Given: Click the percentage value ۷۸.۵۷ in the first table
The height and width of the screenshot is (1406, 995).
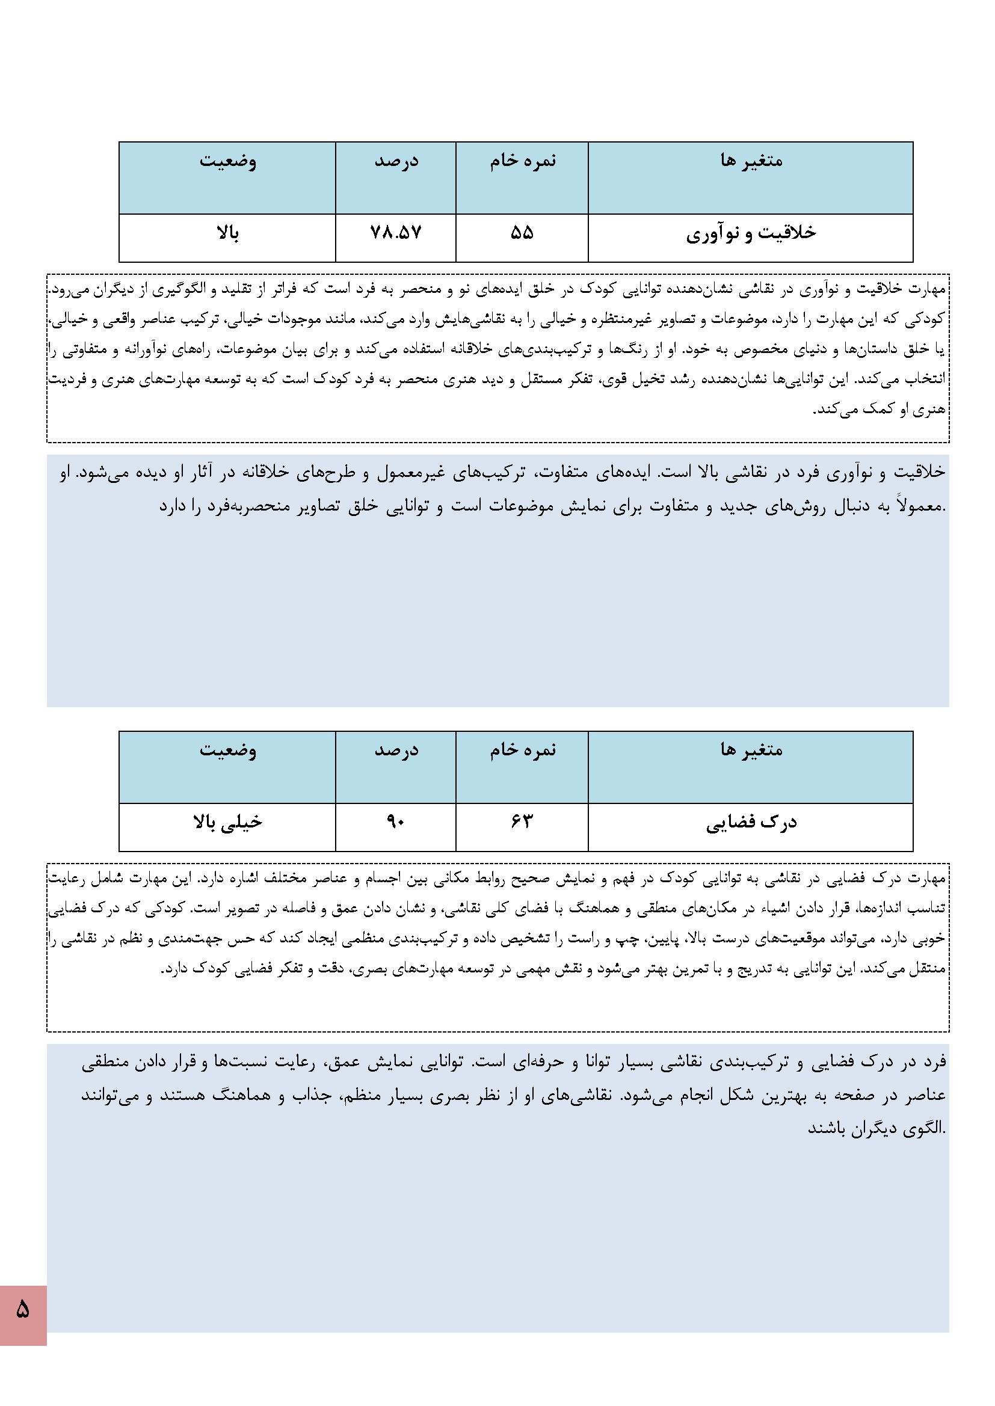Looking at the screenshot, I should pos(396,233).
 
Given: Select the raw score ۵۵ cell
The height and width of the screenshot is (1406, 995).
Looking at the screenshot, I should pos(522,233).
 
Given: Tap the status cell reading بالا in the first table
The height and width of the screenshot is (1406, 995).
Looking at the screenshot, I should pos(227,233).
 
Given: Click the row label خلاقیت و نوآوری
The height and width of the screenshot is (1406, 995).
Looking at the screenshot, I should pos(751,234).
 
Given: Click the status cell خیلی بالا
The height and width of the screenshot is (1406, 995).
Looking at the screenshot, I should pos(227,823).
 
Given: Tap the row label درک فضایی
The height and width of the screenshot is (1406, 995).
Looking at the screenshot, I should pos(751,823).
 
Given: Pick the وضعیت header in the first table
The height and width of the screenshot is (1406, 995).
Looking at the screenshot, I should pos(227,161).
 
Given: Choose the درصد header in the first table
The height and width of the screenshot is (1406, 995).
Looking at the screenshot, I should pos(396,161).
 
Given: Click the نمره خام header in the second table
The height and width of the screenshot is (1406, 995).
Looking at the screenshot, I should pos(522,750).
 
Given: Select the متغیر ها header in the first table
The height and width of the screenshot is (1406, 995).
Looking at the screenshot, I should pos(751,161).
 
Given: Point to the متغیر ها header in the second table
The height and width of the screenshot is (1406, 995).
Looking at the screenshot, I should pos(751,750).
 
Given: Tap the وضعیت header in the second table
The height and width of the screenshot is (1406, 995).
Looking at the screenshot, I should pos(227,750).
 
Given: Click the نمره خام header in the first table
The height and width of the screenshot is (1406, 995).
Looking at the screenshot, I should pos(522,161).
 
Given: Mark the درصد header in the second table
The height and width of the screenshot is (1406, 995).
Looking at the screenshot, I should pos(396,750).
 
